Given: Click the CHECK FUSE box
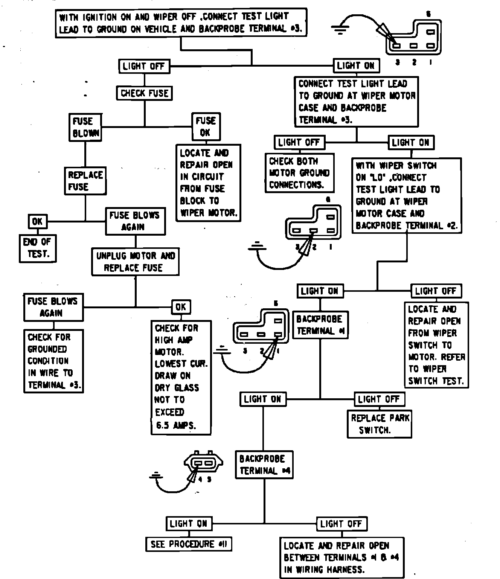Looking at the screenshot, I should tap(145, 93).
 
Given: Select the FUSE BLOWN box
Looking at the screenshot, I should tap(85, 127).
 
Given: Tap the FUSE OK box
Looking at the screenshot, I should tap(206, 127).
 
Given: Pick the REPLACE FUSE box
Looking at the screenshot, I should tap(85, 181).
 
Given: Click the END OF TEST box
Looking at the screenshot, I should tap(37, 248).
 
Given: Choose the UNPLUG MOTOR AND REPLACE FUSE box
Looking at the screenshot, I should tap(136, 262).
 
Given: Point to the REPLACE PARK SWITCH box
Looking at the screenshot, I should tap(379, 424).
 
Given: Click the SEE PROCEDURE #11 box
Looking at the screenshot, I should tap(189, 544).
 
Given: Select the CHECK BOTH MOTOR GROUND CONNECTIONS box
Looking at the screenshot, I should tap(299, 173).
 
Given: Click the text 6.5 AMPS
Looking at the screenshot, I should tap(176, 426).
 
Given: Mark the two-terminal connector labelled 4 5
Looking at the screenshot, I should tap(203, 463).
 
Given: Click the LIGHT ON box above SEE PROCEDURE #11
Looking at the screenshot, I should tap(189, 524).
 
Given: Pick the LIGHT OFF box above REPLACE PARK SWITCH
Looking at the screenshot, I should tap(379, 399).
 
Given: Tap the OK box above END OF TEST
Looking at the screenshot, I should tap(37, 221).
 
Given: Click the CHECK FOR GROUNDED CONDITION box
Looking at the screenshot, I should tap(53, 361).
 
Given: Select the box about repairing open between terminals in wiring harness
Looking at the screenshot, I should tap(342, 558).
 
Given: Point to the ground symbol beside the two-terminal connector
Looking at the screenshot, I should tap(156, 476).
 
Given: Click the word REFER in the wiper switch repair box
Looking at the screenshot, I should tap(453, 357).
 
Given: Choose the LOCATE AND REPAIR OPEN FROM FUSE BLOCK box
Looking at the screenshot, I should tap(209, 183).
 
